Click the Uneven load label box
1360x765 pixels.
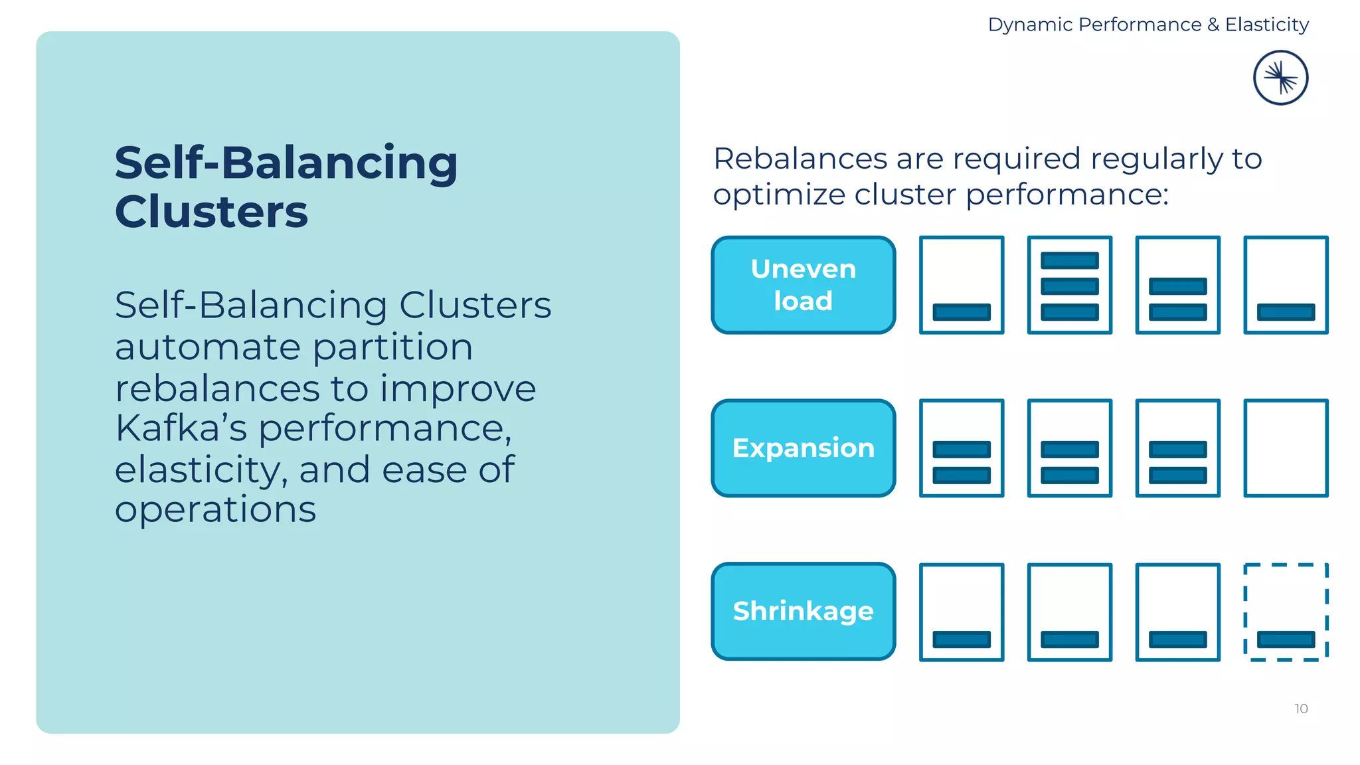[803, 285]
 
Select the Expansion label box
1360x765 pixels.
[803, 448]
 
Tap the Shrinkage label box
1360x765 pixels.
[803, 611]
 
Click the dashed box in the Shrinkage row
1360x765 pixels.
[1286, 612]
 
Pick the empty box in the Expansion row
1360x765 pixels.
[1286, 448]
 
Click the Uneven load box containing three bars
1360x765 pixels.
[1069, 285]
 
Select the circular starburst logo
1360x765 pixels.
[1280, 78]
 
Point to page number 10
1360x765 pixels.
[1301, 709]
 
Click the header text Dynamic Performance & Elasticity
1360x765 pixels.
[1148, 25]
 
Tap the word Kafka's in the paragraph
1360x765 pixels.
[181, 428]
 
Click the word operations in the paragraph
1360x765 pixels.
[215, 510]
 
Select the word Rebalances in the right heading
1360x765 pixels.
[800, 159]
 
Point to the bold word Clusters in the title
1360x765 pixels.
[211, 212]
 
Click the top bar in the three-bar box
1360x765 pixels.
[1069, 260]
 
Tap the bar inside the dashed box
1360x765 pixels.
[1286, 639]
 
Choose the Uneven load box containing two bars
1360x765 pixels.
[1177, 285]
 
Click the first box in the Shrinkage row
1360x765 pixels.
[961, 612]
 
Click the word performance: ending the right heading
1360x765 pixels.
[1066, 195]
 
